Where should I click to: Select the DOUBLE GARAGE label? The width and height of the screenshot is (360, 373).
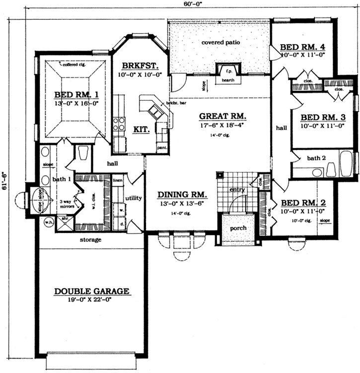pos(92,291)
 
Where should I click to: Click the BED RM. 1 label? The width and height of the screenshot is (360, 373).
pos(76,95)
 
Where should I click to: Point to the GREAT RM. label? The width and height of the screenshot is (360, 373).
pos(216,116)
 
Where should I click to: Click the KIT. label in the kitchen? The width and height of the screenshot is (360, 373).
pos(142,129)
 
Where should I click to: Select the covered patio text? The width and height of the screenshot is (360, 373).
pos(220,43)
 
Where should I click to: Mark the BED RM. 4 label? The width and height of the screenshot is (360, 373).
pos(302,47)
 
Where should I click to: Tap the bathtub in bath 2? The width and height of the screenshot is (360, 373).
pos(344,166)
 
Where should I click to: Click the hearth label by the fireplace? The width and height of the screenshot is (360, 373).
pos(228,80)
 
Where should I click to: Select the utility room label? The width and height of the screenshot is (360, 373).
pos(134,198)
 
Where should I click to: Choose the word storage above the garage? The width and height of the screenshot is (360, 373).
pos(91,240)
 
